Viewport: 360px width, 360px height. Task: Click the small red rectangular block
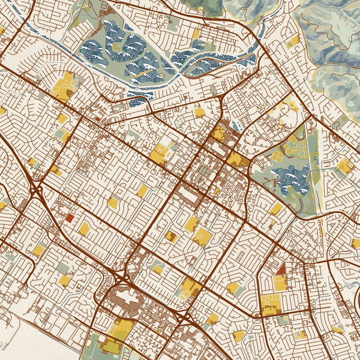[x=70, y=218]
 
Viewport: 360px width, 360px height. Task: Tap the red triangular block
[x=281, y=271]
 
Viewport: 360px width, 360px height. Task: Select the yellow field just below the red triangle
[x=280, y=284]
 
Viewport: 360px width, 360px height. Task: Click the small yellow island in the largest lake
[x=116, y=46]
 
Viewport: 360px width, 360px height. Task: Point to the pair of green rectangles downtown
[x=205, y=172]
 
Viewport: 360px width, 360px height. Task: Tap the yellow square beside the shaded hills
[x=293, y=41]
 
